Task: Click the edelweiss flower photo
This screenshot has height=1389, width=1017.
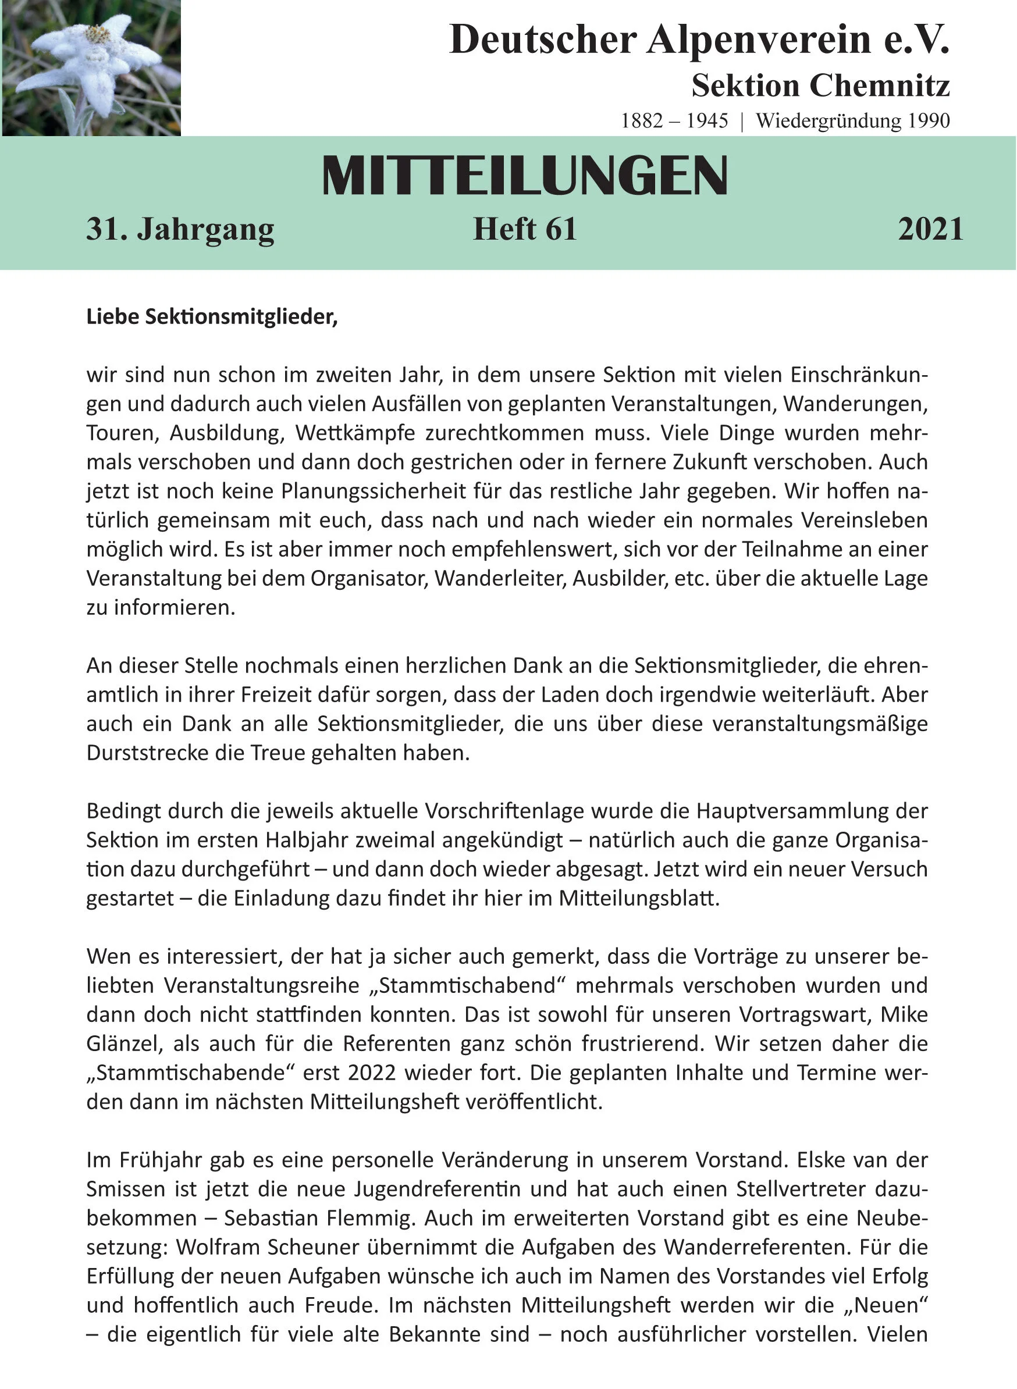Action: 91,67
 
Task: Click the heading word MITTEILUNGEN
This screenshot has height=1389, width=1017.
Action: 525,177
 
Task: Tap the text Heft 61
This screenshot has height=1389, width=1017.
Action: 525,229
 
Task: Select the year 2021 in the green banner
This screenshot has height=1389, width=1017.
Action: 930,229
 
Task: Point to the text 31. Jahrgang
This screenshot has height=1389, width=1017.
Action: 180,229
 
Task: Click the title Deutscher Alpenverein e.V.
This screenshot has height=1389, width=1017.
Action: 699,40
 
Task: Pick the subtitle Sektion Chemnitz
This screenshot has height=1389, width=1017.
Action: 820,86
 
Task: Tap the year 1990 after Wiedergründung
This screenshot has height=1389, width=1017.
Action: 929,120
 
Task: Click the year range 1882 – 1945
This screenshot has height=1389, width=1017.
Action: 674,120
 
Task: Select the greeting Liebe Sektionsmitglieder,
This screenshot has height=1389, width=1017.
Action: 212,316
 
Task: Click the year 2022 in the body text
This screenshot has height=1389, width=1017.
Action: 371,1073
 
